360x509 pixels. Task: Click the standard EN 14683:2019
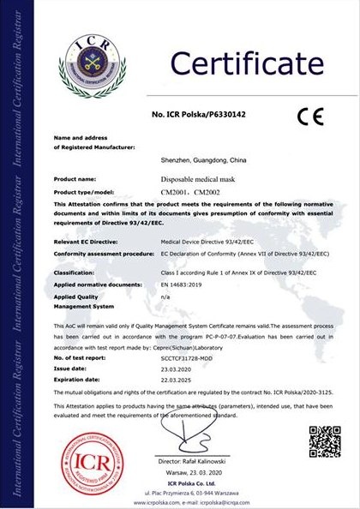[183, 282]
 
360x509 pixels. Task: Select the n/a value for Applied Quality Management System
[165, 294]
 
